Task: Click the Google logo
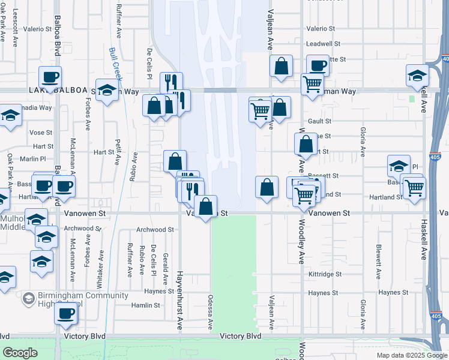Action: coord(20,353)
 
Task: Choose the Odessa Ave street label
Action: coord(211,311)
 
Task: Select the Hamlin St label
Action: coord(146,305)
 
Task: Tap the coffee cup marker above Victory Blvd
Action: coord(66,313)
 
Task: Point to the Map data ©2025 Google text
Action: coord(412,355)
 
